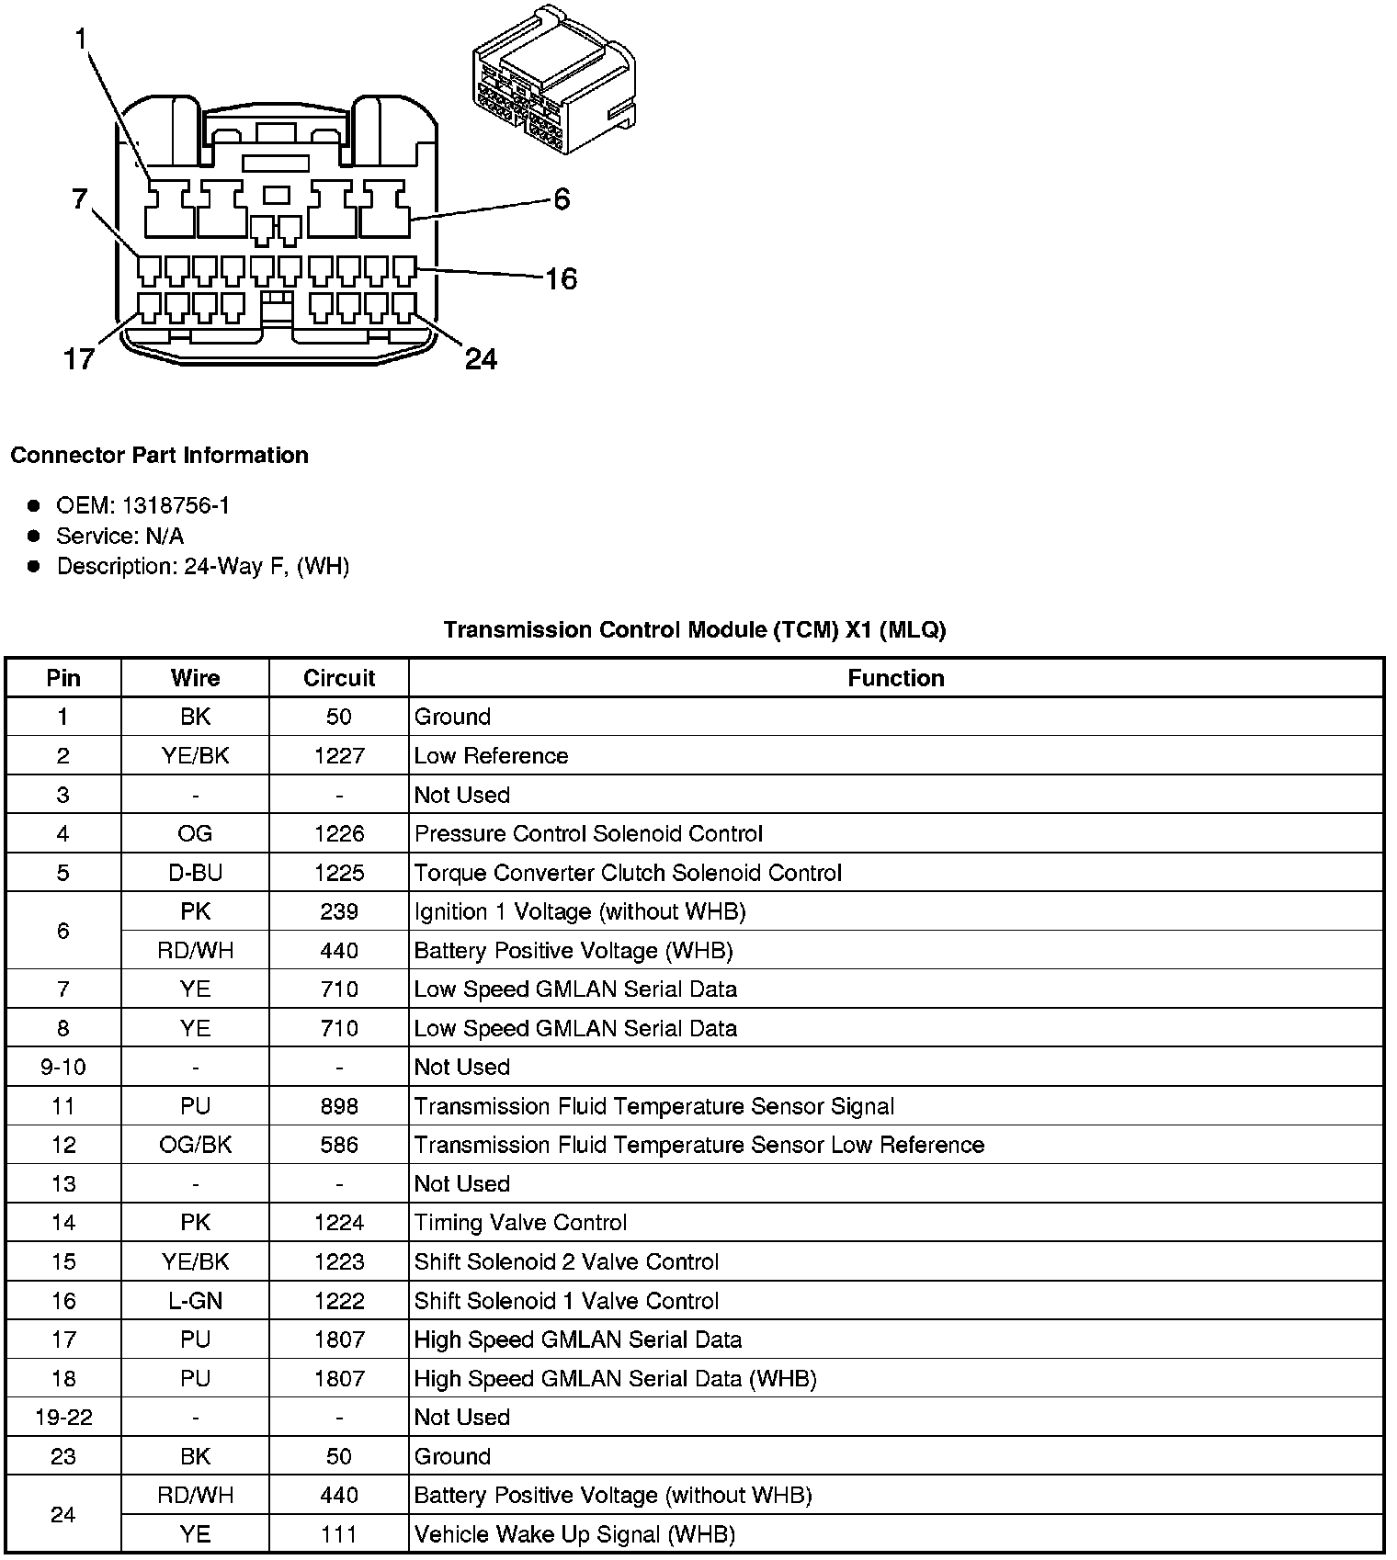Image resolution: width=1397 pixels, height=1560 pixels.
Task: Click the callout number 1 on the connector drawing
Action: [x=81, y=39]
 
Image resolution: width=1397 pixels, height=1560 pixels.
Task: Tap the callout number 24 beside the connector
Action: [x=481, y=358]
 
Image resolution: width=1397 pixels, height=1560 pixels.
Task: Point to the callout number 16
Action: [x=561, y=278]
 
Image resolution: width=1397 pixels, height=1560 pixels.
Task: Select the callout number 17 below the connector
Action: [x=79, y=358]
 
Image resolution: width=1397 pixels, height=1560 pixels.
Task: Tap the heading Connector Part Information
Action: [x=159, y=456]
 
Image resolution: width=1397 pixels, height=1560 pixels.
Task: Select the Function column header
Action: [x=895, y=678]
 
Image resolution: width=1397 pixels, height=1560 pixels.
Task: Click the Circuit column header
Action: [x=339, y=678]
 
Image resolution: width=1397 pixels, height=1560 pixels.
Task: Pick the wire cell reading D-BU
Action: [x=195, y=873]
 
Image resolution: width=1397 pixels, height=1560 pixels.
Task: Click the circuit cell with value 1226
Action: [x=339, y=833]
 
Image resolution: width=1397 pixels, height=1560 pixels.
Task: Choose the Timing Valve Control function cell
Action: [x=520, y=1223]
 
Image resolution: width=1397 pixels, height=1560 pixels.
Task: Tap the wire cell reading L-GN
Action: [x=195, y=1301]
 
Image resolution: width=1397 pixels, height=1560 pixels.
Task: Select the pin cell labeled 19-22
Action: [x=63, y=1418]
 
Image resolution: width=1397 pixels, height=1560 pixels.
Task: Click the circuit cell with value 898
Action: [x=339, y=1106]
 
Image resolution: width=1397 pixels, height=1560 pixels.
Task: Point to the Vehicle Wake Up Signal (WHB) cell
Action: [x=574, y=1534]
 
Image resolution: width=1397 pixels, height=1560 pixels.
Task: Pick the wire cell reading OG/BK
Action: [x=195, y=1145]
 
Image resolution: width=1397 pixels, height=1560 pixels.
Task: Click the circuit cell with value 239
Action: [x=339, y=911]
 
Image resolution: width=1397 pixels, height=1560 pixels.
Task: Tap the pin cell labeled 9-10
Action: [x=63, y=1067]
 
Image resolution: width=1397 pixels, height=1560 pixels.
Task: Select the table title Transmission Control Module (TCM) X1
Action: [x=694, y=630]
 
